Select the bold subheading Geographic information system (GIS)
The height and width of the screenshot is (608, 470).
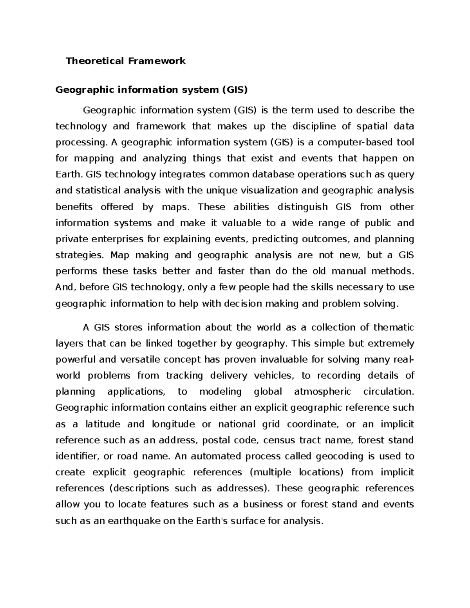point(152,90)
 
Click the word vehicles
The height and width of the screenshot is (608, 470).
point(273,375)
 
